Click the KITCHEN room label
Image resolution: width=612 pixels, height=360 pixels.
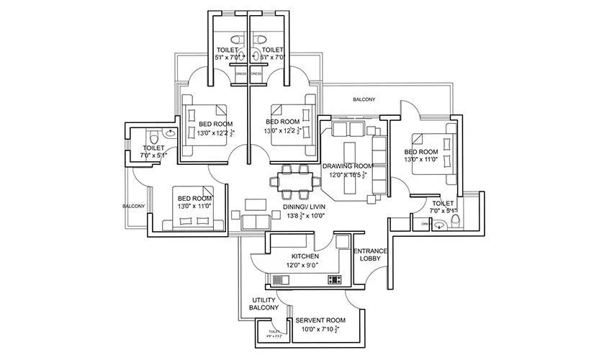pyautogui.click(x=305, y=256)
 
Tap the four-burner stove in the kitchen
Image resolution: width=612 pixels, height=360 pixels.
pyautogui.click(x=334, y=279)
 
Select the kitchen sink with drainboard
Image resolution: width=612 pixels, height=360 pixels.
pyautogui.click(x=281, y=279)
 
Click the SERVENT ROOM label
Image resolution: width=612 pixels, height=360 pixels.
pyautogui.click(x=320, y=320)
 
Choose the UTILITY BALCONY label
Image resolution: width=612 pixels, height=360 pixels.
pyautogui.click(x=264, y=304)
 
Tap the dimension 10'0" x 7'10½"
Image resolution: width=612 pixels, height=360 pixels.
pyautogui.click(x=320, y=330)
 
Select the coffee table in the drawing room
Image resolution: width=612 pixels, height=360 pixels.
pyautogui.click(x=351, y=167)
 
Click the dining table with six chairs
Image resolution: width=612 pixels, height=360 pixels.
pyautogui.click(x=294, y=181)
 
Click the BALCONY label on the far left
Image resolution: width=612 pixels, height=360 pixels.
pyautogui.click(x=133, y=206)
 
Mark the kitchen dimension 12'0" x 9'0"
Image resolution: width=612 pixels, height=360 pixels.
pyautogui.click(x=305, y=266)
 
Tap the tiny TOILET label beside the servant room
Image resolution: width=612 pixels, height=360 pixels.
pyautogui.click(x=273, y=333)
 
